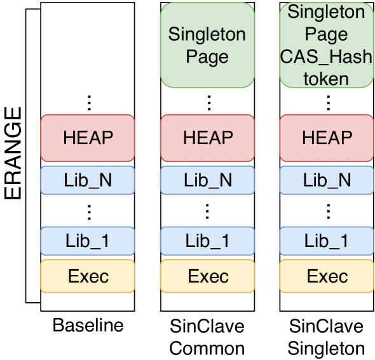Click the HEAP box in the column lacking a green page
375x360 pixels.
(x=88, y=137)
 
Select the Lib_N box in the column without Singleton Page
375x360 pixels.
(x=88, y=180)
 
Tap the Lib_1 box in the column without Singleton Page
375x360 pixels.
(x=88, y=241)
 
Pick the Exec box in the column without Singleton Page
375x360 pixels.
(x=88, y=276)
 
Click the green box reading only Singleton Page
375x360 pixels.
(x=207, y=44)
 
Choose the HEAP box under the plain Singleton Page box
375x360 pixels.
(x=207, y=137)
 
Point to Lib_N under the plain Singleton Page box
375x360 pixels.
(x=207, y=180)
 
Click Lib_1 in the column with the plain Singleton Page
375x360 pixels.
(x=207, y=241)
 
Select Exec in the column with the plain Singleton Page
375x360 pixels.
(x=207, y=276)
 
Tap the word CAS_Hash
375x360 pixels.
(x=327, y=56)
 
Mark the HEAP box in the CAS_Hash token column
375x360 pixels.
(x=327, y=137)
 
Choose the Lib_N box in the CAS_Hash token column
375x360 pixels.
(x=327, y=180)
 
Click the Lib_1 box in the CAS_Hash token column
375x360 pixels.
(x=327, y=241)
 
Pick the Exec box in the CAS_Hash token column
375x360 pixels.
(x=327, y=276)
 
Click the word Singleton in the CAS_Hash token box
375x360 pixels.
(x=327, y=12)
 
